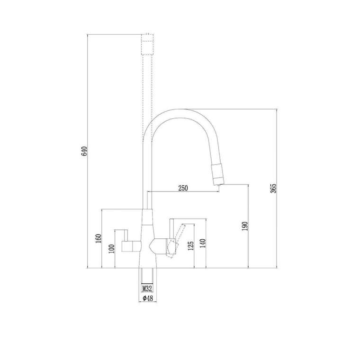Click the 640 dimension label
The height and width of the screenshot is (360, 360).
pyautogui.click(x=84, y=151)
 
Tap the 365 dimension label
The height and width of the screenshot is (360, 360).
pyautogui.click(x=273, y=189)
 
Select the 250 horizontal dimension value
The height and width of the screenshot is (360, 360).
pyautogui.click(x=183, y=188)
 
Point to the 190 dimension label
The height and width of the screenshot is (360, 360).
pyautogui.click(x=245, y=226)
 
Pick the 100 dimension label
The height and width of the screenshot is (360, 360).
pyautogui.click(x=112, y=249)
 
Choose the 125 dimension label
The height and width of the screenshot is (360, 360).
pyautogui.click(x=191, y=245)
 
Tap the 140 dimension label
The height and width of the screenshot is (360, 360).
pyautogui.click(x=203, y=244)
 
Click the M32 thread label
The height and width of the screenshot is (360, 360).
pyautogui.click(x=147, y=288)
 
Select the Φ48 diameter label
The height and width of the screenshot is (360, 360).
pyautogui.click(x=148, y=298)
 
